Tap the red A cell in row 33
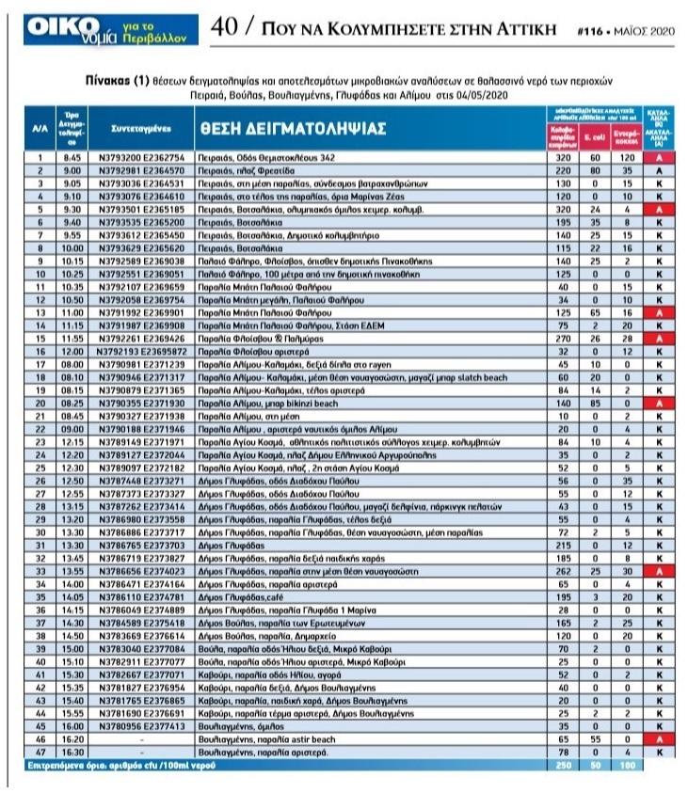pos(654,571)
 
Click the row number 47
pos(40,753)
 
